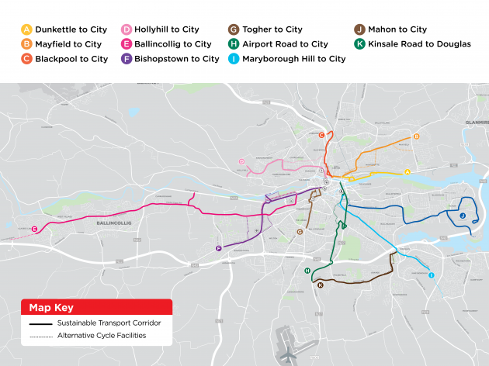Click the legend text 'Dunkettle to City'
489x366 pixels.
pos(71,29)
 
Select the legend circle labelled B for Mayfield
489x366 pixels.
pos(27,44)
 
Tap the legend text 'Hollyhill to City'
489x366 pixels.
pos(166,29)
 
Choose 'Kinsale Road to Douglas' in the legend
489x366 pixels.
pos(419,44)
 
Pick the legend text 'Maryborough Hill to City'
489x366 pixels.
pos(293,58)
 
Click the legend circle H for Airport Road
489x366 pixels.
pos(234,44)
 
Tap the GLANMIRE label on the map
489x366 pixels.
pos(476,122)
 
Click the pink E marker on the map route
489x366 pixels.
pos(35,229)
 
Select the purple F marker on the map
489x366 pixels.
pos(219,249)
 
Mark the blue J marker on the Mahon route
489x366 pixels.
pos(462,216)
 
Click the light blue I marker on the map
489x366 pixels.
pos(431,275)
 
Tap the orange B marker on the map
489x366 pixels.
pos(416,136)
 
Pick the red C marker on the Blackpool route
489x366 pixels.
pos(321,136)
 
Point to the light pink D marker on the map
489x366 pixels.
pos(242,161)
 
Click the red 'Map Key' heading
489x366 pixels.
pos(49,306)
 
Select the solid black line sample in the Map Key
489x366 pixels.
pos(40,323)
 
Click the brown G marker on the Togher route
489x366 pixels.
pos(300,231)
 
